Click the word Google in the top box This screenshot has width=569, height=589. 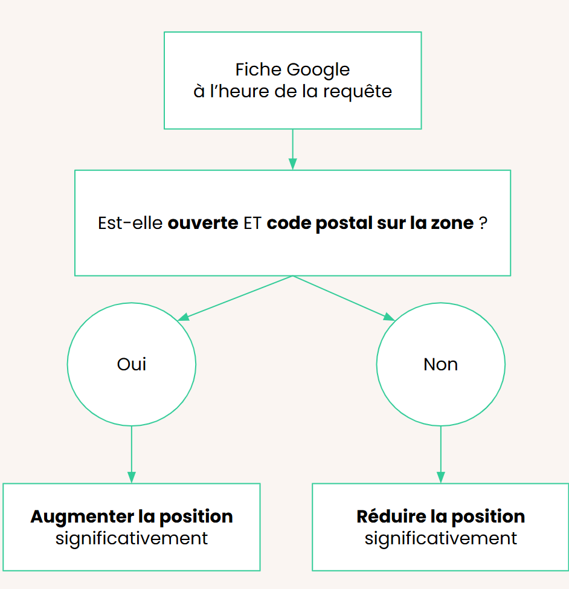[x=318, y=70]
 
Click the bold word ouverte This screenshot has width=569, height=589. [x=203, y=223]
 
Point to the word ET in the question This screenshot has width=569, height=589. [x=252, y=223]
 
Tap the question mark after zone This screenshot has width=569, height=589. [x=483, y=223]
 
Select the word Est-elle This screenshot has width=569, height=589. [x=130, y=223]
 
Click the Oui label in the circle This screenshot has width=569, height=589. [x=132, y=364]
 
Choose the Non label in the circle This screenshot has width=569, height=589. [x=440, y=364]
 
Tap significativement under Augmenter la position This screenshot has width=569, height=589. [x=132, y=539]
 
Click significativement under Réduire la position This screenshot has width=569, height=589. [x=440, y=539]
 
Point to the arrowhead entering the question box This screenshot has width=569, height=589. [x=292, y=164]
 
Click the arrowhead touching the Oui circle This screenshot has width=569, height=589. [x=183, y=317]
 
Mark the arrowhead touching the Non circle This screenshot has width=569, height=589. [x=389, y=317]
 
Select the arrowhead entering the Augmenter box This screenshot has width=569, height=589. [x=132, y=477]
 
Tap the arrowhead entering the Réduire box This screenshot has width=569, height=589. [x=440, y=477]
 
